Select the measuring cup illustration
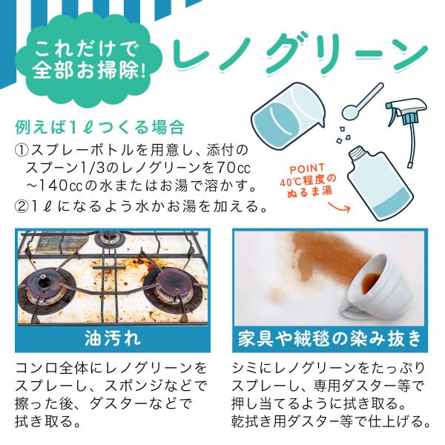(x=288, y=116)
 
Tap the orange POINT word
(x=307, y=168)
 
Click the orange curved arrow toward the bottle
(x=339, y=208)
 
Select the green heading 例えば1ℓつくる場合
(x=100, y=127)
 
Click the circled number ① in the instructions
(x=22, y=151)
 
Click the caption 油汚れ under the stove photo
(x=113, y=338)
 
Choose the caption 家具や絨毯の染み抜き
(x=330, y=338)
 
